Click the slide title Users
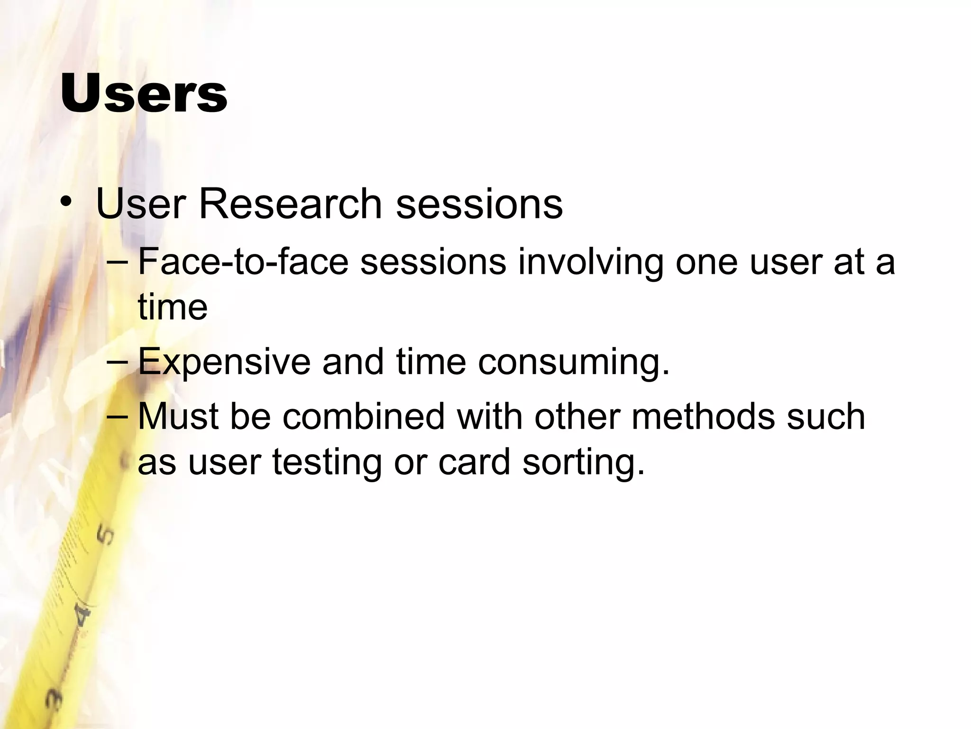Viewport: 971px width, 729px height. [x=144, y=94]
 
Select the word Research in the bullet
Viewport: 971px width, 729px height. [x=290, y=205]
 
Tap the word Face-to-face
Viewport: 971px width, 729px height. [x=243, y=262]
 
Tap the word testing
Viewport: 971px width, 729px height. [x=327, y=463]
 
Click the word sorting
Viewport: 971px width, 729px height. [x=584, y=463]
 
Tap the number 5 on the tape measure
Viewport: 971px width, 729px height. [x=105, y=535]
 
